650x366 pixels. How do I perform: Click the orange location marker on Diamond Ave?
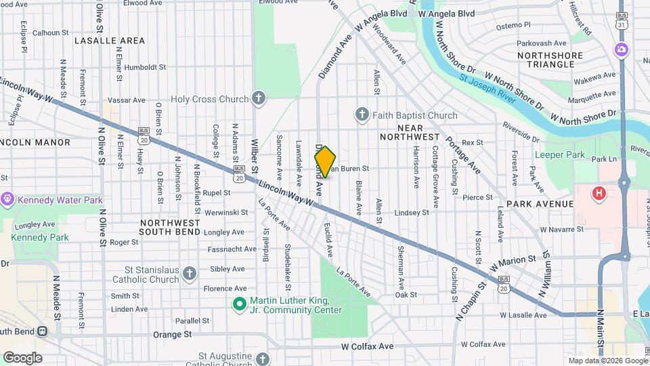coord(325,162)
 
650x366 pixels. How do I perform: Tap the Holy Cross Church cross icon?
coord(258,99)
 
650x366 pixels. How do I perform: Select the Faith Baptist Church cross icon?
coord(362,115)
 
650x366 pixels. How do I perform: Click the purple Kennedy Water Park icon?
coord(7,199)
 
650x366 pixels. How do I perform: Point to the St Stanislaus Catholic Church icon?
coord(190,274)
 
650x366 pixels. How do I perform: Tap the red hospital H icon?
coord(599,194)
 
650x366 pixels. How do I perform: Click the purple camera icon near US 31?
coord(621,49)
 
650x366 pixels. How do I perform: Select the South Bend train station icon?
coord(42,332)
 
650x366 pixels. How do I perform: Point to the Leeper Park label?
coord(559,155)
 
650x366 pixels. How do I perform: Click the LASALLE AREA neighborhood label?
coord(110,41)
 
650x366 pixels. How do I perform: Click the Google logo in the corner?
coord(22,357)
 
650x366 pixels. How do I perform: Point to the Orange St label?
coord(173,334)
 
